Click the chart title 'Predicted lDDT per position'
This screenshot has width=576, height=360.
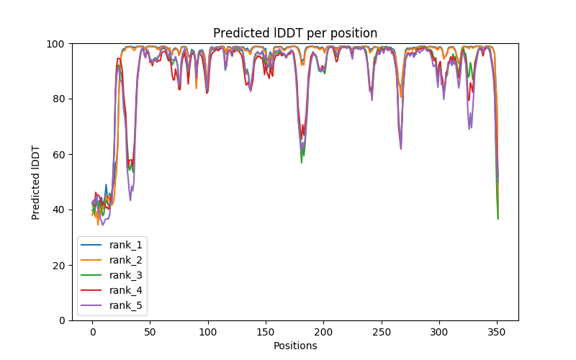(294, 33)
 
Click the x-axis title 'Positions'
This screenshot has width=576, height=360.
(294, 346)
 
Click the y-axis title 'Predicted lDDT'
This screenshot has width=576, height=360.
(36, 181)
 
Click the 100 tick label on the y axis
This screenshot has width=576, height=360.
(56, 44)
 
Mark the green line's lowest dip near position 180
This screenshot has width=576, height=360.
(301, 162)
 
